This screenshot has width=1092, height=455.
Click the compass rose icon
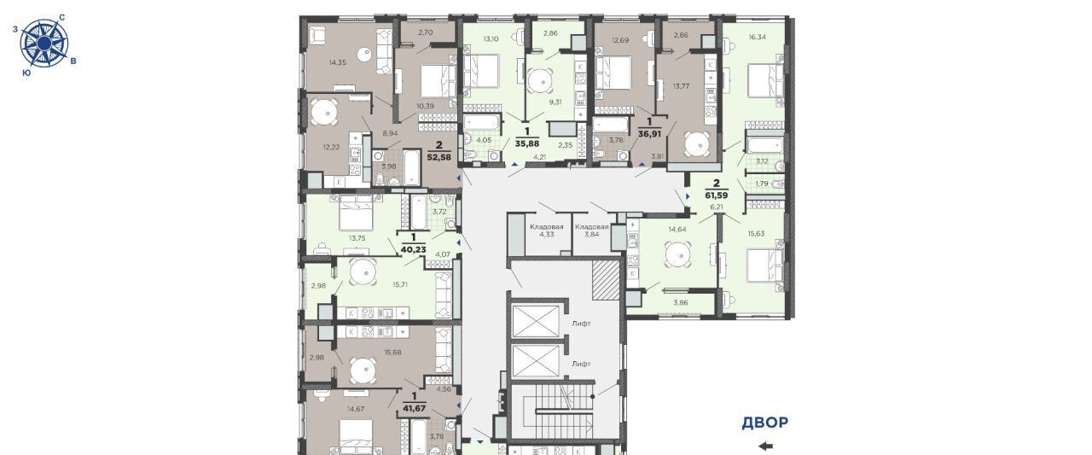44,44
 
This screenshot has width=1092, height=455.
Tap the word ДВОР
765,423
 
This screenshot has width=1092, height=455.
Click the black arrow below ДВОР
766,446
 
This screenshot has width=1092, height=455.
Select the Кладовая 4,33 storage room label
547,230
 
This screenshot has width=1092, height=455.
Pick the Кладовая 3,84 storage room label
592,230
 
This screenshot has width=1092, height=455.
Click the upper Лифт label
581,324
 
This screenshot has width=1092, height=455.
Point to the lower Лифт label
581,364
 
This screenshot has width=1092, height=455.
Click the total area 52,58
439,158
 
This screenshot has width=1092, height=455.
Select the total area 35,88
527,143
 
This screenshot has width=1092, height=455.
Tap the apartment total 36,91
649,134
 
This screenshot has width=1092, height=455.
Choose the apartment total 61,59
716,195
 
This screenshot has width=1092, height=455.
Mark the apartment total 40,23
414,249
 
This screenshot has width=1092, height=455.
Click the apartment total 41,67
414,409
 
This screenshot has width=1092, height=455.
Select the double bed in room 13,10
480,71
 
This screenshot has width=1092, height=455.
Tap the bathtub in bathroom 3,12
764,145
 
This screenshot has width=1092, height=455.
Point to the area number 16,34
757,37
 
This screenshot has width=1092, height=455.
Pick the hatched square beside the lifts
606,280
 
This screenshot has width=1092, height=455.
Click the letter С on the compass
62,18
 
